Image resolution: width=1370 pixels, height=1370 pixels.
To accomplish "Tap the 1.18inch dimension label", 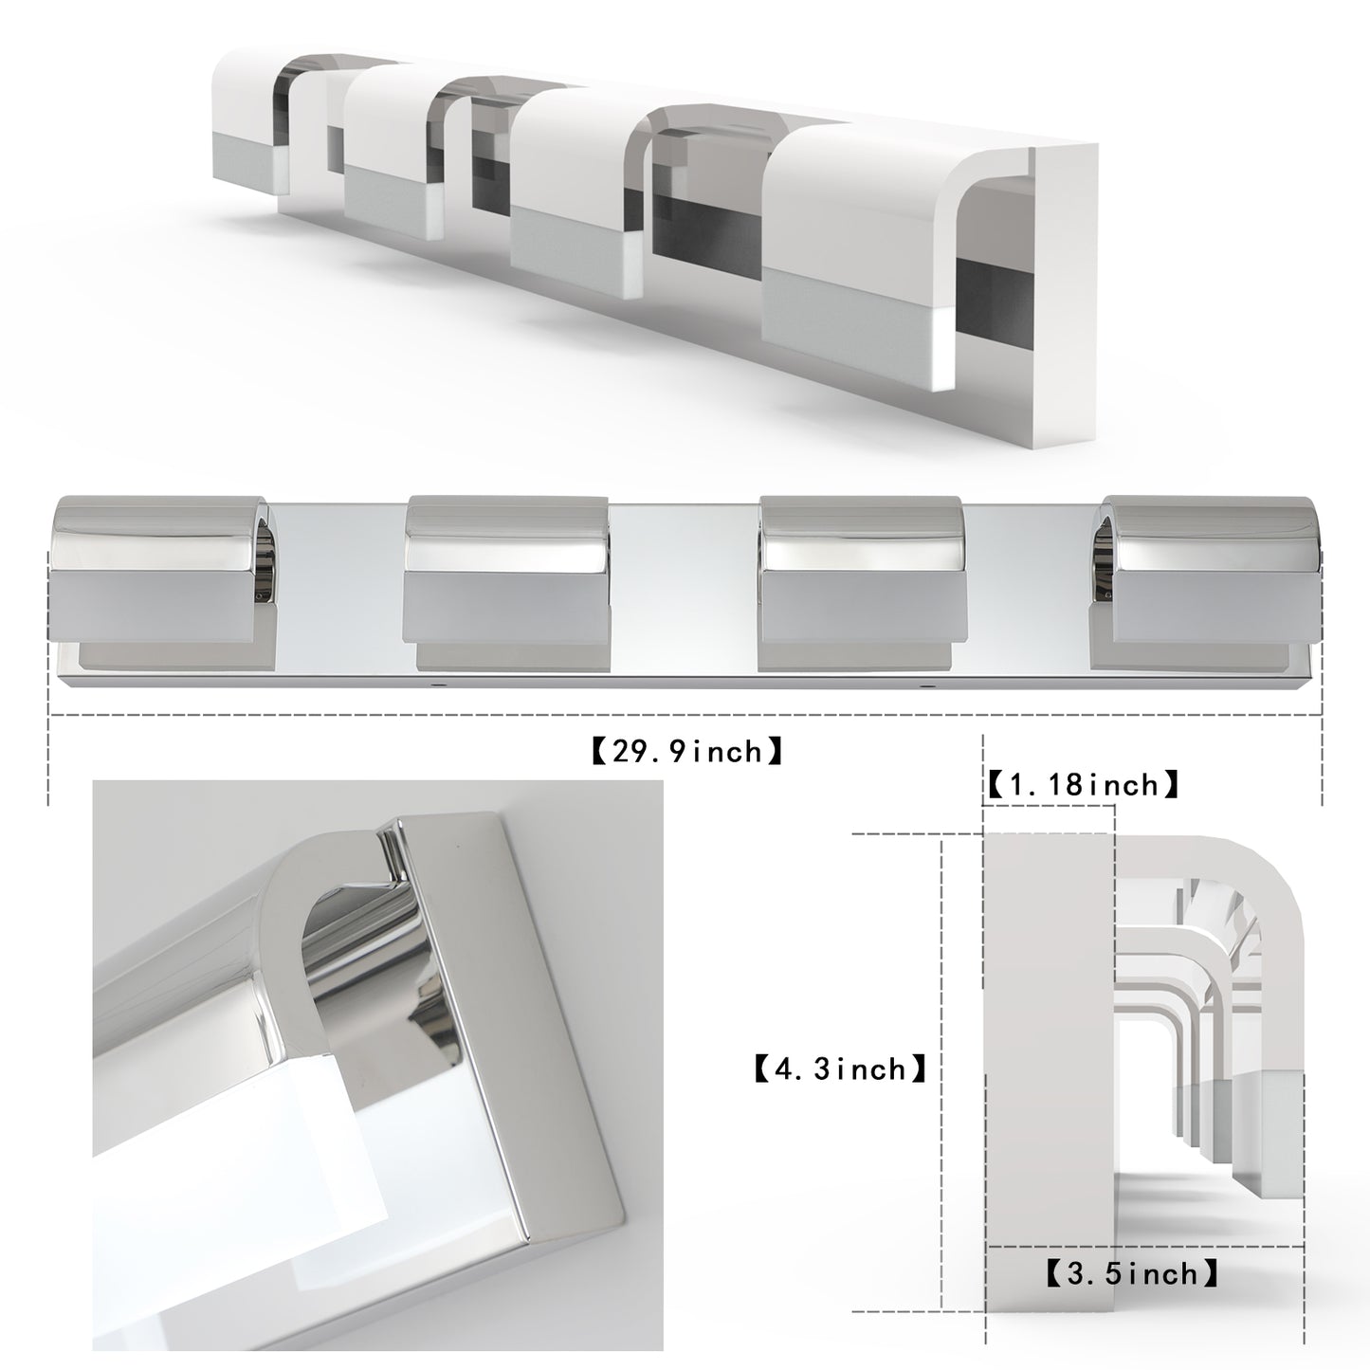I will click(1083, 785).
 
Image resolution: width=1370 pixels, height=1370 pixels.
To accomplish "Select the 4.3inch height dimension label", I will click(841, 1069).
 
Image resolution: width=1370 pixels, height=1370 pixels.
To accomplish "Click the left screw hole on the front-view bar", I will click(438, 682).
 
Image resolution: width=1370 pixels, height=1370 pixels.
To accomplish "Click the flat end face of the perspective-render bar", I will click(1067, 284).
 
